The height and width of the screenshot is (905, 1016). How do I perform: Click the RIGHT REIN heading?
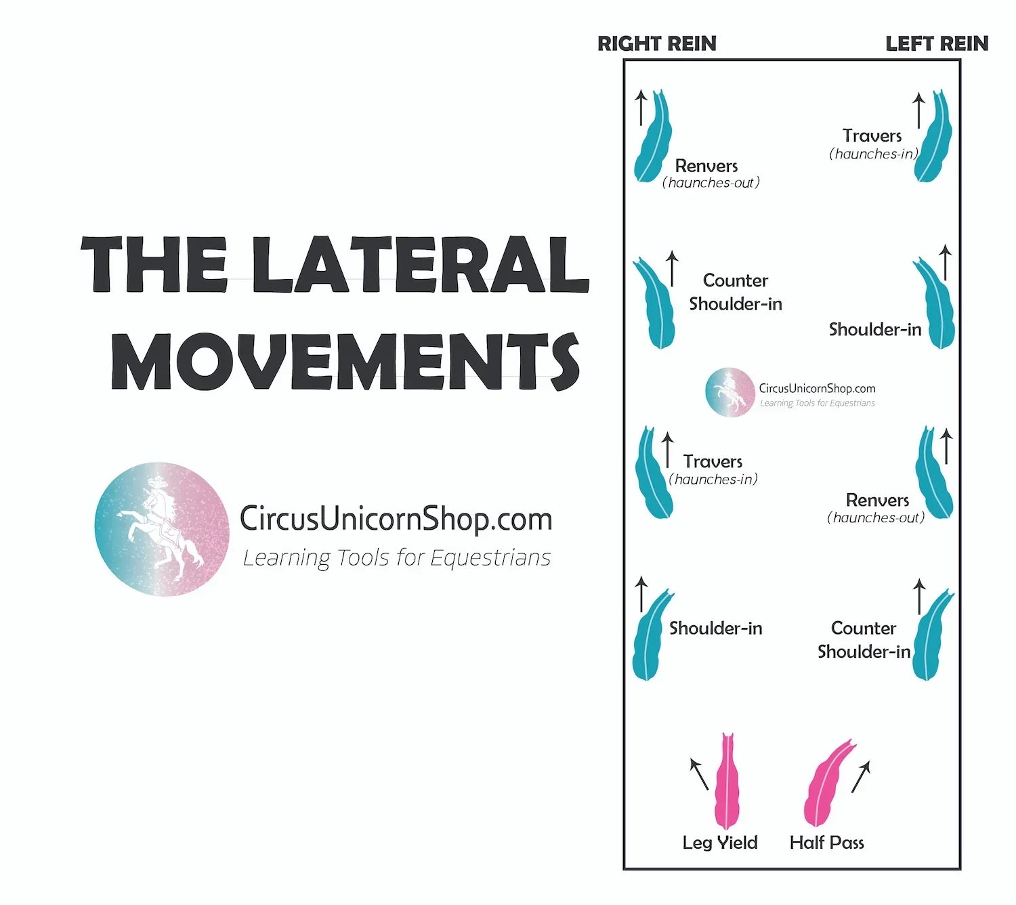pos(656,43)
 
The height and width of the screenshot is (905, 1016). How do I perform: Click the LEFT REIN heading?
pos(936,43)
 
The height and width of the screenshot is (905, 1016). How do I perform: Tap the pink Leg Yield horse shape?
pos(727,786)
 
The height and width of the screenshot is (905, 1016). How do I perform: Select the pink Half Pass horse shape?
pos(826,786)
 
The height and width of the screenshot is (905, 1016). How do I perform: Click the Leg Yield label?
pos(719,843)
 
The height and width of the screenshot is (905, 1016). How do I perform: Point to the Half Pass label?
pos(826,843)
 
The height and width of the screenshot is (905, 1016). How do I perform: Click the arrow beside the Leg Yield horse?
pos(699,774)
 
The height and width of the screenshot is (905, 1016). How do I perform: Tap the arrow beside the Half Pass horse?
pos(860,776)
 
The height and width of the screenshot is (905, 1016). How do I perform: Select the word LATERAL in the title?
pos(420,265)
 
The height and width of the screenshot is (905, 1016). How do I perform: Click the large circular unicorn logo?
pos(162,529)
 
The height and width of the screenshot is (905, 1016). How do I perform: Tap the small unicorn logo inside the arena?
pos(729,392)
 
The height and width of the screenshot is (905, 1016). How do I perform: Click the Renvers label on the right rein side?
pos(706,166)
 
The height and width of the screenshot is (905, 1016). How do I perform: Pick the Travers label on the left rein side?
pos(872,136)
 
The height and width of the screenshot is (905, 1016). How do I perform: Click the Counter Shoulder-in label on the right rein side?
pos(735,292)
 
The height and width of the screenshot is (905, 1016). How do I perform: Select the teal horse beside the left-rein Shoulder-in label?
pos(935,305)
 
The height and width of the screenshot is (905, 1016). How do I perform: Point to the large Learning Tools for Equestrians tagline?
pos(396,558)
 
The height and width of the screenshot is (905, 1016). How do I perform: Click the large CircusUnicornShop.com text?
pos(396,519)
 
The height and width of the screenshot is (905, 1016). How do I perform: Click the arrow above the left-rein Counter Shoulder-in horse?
pos(919,596)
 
